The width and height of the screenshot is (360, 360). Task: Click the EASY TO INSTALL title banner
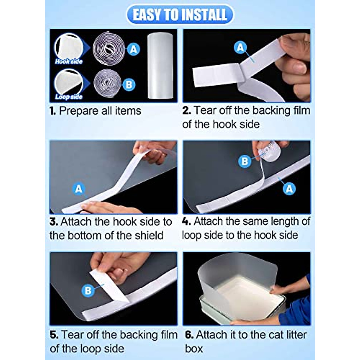click(180, 15)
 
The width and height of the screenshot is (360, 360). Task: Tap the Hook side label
click(69, 61)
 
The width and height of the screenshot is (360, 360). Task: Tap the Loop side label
click(69, 97)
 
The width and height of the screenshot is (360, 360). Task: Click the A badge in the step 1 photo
click(133, 49)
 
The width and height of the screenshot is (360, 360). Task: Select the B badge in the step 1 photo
click(129, 85)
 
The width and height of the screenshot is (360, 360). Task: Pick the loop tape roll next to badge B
click(107, 83)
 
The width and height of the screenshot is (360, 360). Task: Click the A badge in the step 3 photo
click(79, 189)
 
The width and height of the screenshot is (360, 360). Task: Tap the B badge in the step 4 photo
click(245, 161)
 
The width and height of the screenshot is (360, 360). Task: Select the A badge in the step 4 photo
click(289, 189)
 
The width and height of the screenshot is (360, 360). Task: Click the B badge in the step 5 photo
click(88, 290)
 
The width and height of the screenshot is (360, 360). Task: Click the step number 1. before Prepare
click(53, 111)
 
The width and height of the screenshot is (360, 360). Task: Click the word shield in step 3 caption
click(148, 235)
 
